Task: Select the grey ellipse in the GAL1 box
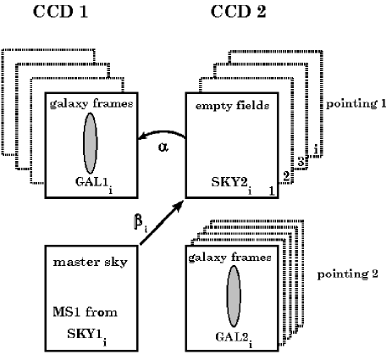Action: (x=91, y=142)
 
